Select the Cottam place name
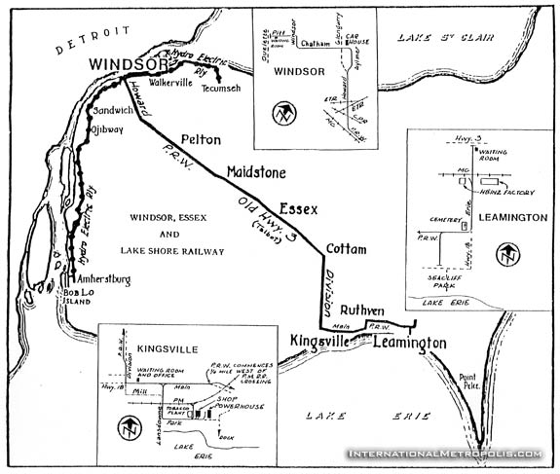(x=346, y=250)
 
